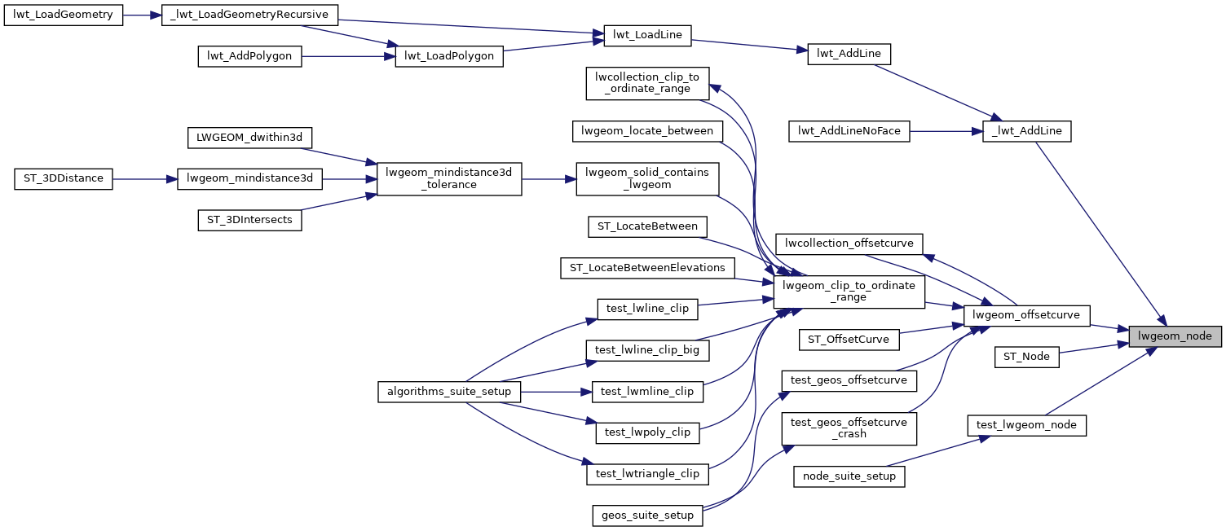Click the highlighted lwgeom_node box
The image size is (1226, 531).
coord(1175,336)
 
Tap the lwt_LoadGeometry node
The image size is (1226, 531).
coord(64,15)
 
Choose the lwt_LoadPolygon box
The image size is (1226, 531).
coord(449,56)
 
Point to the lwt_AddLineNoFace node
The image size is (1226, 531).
coord(849,131)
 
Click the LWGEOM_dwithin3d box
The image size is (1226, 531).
coord(249,138)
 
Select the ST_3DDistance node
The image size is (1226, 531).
coord(64,178)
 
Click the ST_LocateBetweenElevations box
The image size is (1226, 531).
coord(648,267)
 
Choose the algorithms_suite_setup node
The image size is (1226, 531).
coord(449,392)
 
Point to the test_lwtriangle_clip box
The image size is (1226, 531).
coord(647,474)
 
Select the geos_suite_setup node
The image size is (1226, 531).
coord(647,515)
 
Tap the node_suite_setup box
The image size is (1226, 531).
coord(849,476)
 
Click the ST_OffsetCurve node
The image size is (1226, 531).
coord(849,339)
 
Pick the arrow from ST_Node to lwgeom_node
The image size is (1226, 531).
coord(1093,349)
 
